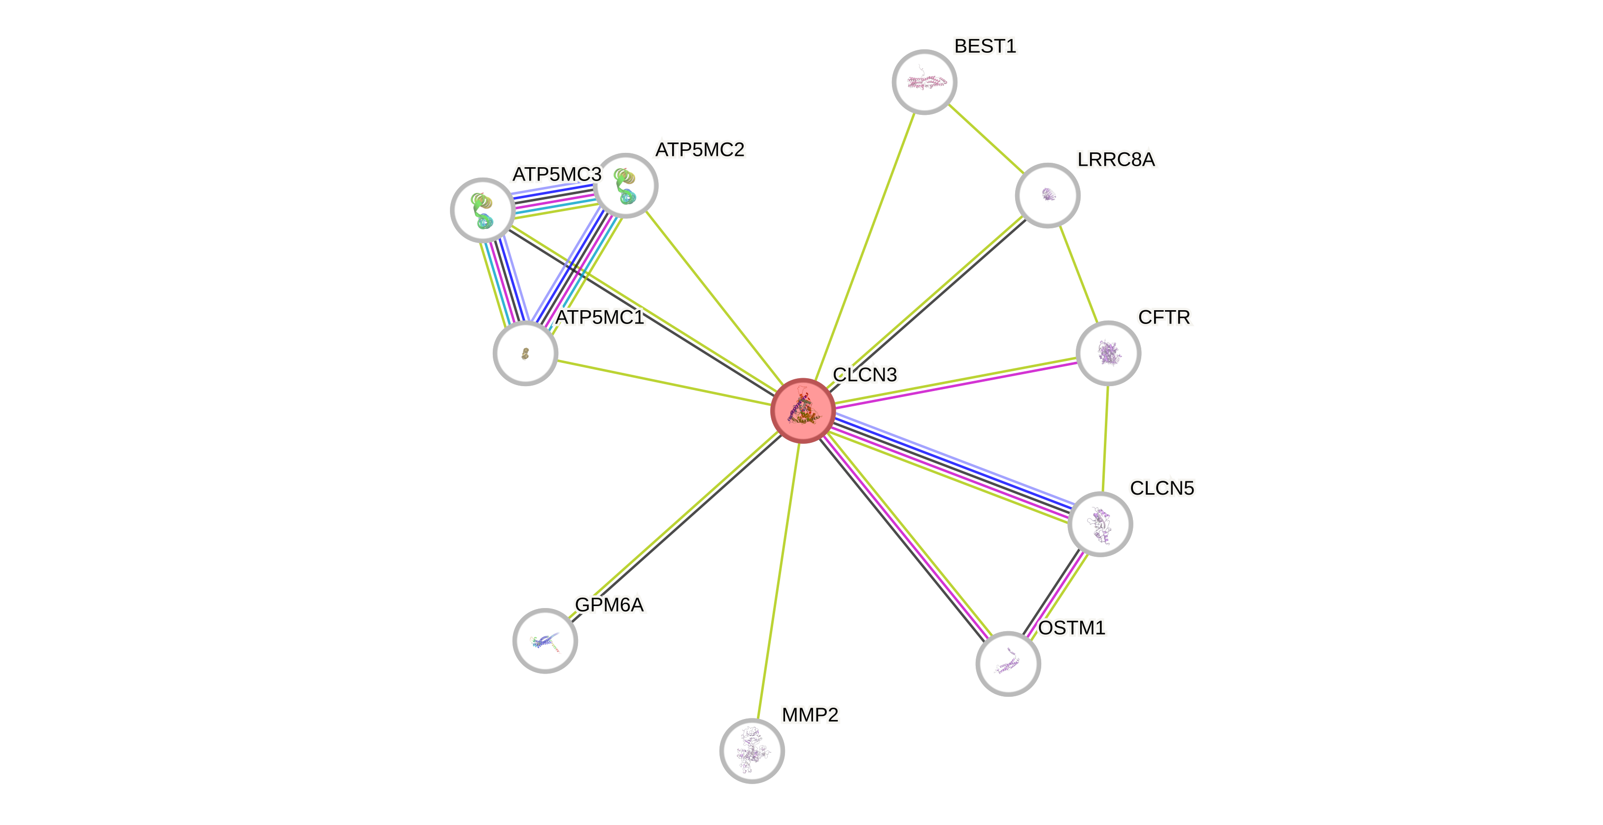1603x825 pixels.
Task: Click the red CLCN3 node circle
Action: [x=803, y=410]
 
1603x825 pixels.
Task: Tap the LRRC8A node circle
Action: [x=1047, y=195]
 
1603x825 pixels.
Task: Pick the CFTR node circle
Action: [x=1108, y=353]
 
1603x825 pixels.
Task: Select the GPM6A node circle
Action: [x=545, y=641]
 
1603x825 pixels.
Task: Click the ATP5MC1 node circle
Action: [x=525, y=353]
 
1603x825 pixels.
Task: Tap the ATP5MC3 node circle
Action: [x=482, y=211]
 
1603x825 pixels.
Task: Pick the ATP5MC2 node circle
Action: [x=625, y=185]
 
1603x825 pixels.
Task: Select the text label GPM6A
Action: [x=609, y=605]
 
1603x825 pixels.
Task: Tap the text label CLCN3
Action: [x=864, y=375]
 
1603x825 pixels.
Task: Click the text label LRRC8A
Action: [x=1116, y=160]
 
